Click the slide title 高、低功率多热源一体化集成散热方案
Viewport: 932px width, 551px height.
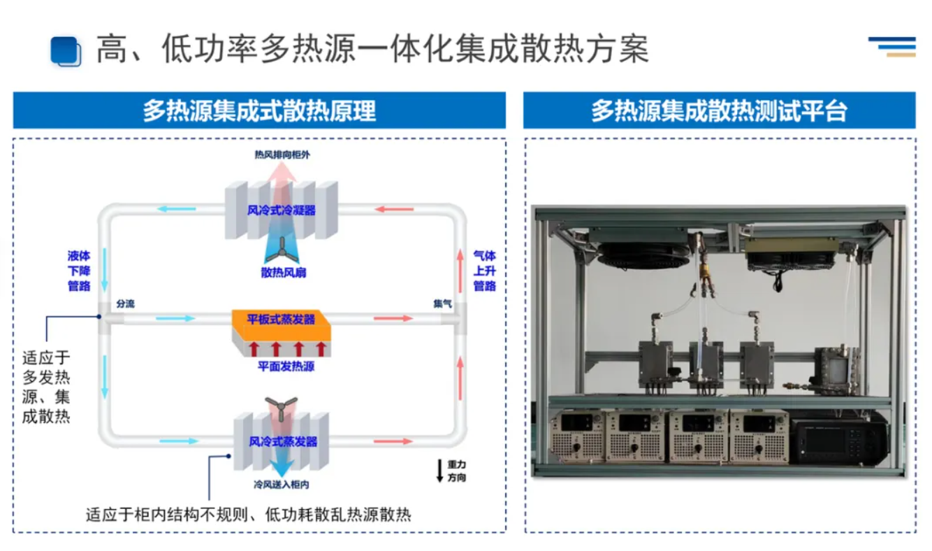(372, 49)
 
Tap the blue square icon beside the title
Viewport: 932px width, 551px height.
(66, 50)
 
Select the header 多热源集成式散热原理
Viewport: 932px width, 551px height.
(259, 110)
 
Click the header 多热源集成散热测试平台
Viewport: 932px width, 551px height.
(719, 110)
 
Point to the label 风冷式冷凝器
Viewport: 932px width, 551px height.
(282, 209)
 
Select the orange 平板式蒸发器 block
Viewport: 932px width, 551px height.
(281, 321)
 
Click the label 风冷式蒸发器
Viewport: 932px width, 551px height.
(282, 441)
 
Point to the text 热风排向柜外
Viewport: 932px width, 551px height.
(282, 155)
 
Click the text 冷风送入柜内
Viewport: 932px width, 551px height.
(282, 484)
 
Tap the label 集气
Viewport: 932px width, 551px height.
(442, 304)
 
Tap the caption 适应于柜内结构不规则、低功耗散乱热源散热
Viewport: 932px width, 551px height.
(248, 516)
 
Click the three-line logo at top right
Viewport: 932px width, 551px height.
(892, 45)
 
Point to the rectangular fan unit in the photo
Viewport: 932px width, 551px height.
(792, 253)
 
